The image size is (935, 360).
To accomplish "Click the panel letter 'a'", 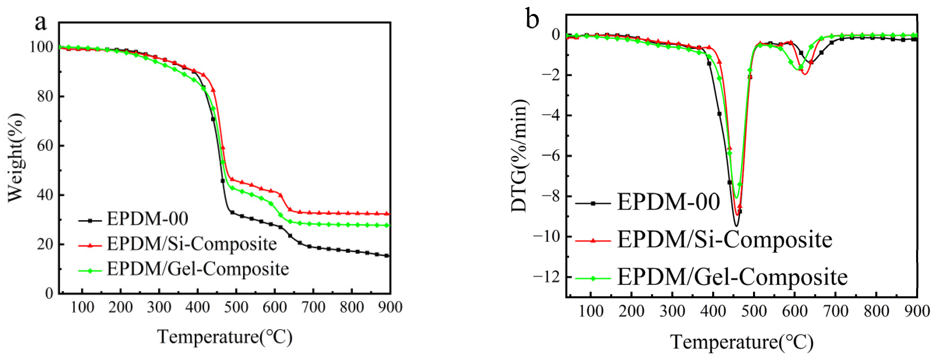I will (x=41, y=23).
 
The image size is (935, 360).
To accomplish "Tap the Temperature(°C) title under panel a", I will (x=225, y=337).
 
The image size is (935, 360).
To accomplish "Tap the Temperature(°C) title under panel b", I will (x=742, y=342).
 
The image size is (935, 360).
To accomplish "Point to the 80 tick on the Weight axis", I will (x=45, y=97).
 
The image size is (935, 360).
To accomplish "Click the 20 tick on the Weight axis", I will (x=45, y=245).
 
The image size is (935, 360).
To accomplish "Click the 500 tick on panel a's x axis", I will (x=236, y=308).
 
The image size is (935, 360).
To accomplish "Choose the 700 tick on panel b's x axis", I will (x=836, y=311).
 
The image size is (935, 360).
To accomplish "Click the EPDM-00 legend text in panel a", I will (x=147, y=219).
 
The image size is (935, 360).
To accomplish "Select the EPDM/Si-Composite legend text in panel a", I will (x=192, y=244).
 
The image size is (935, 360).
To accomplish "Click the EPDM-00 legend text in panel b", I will (x=668, y=202).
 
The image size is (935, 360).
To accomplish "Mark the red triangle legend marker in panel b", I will (x=593, y=240).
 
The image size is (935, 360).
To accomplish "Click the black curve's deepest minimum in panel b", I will (x=736, y=226).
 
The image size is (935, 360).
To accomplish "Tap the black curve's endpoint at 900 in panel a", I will (x=387, y=256).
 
